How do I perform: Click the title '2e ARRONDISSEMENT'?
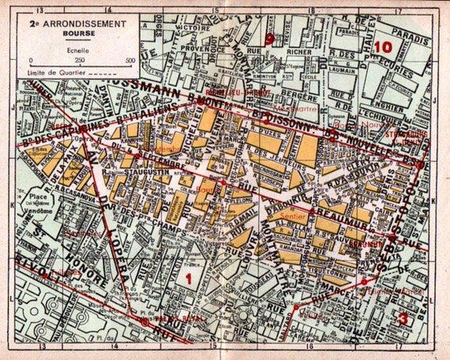point(77,25)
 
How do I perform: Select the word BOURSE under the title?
point(77,36)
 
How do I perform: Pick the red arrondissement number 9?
point(270,38)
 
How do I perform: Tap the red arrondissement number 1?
point(188,278)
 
